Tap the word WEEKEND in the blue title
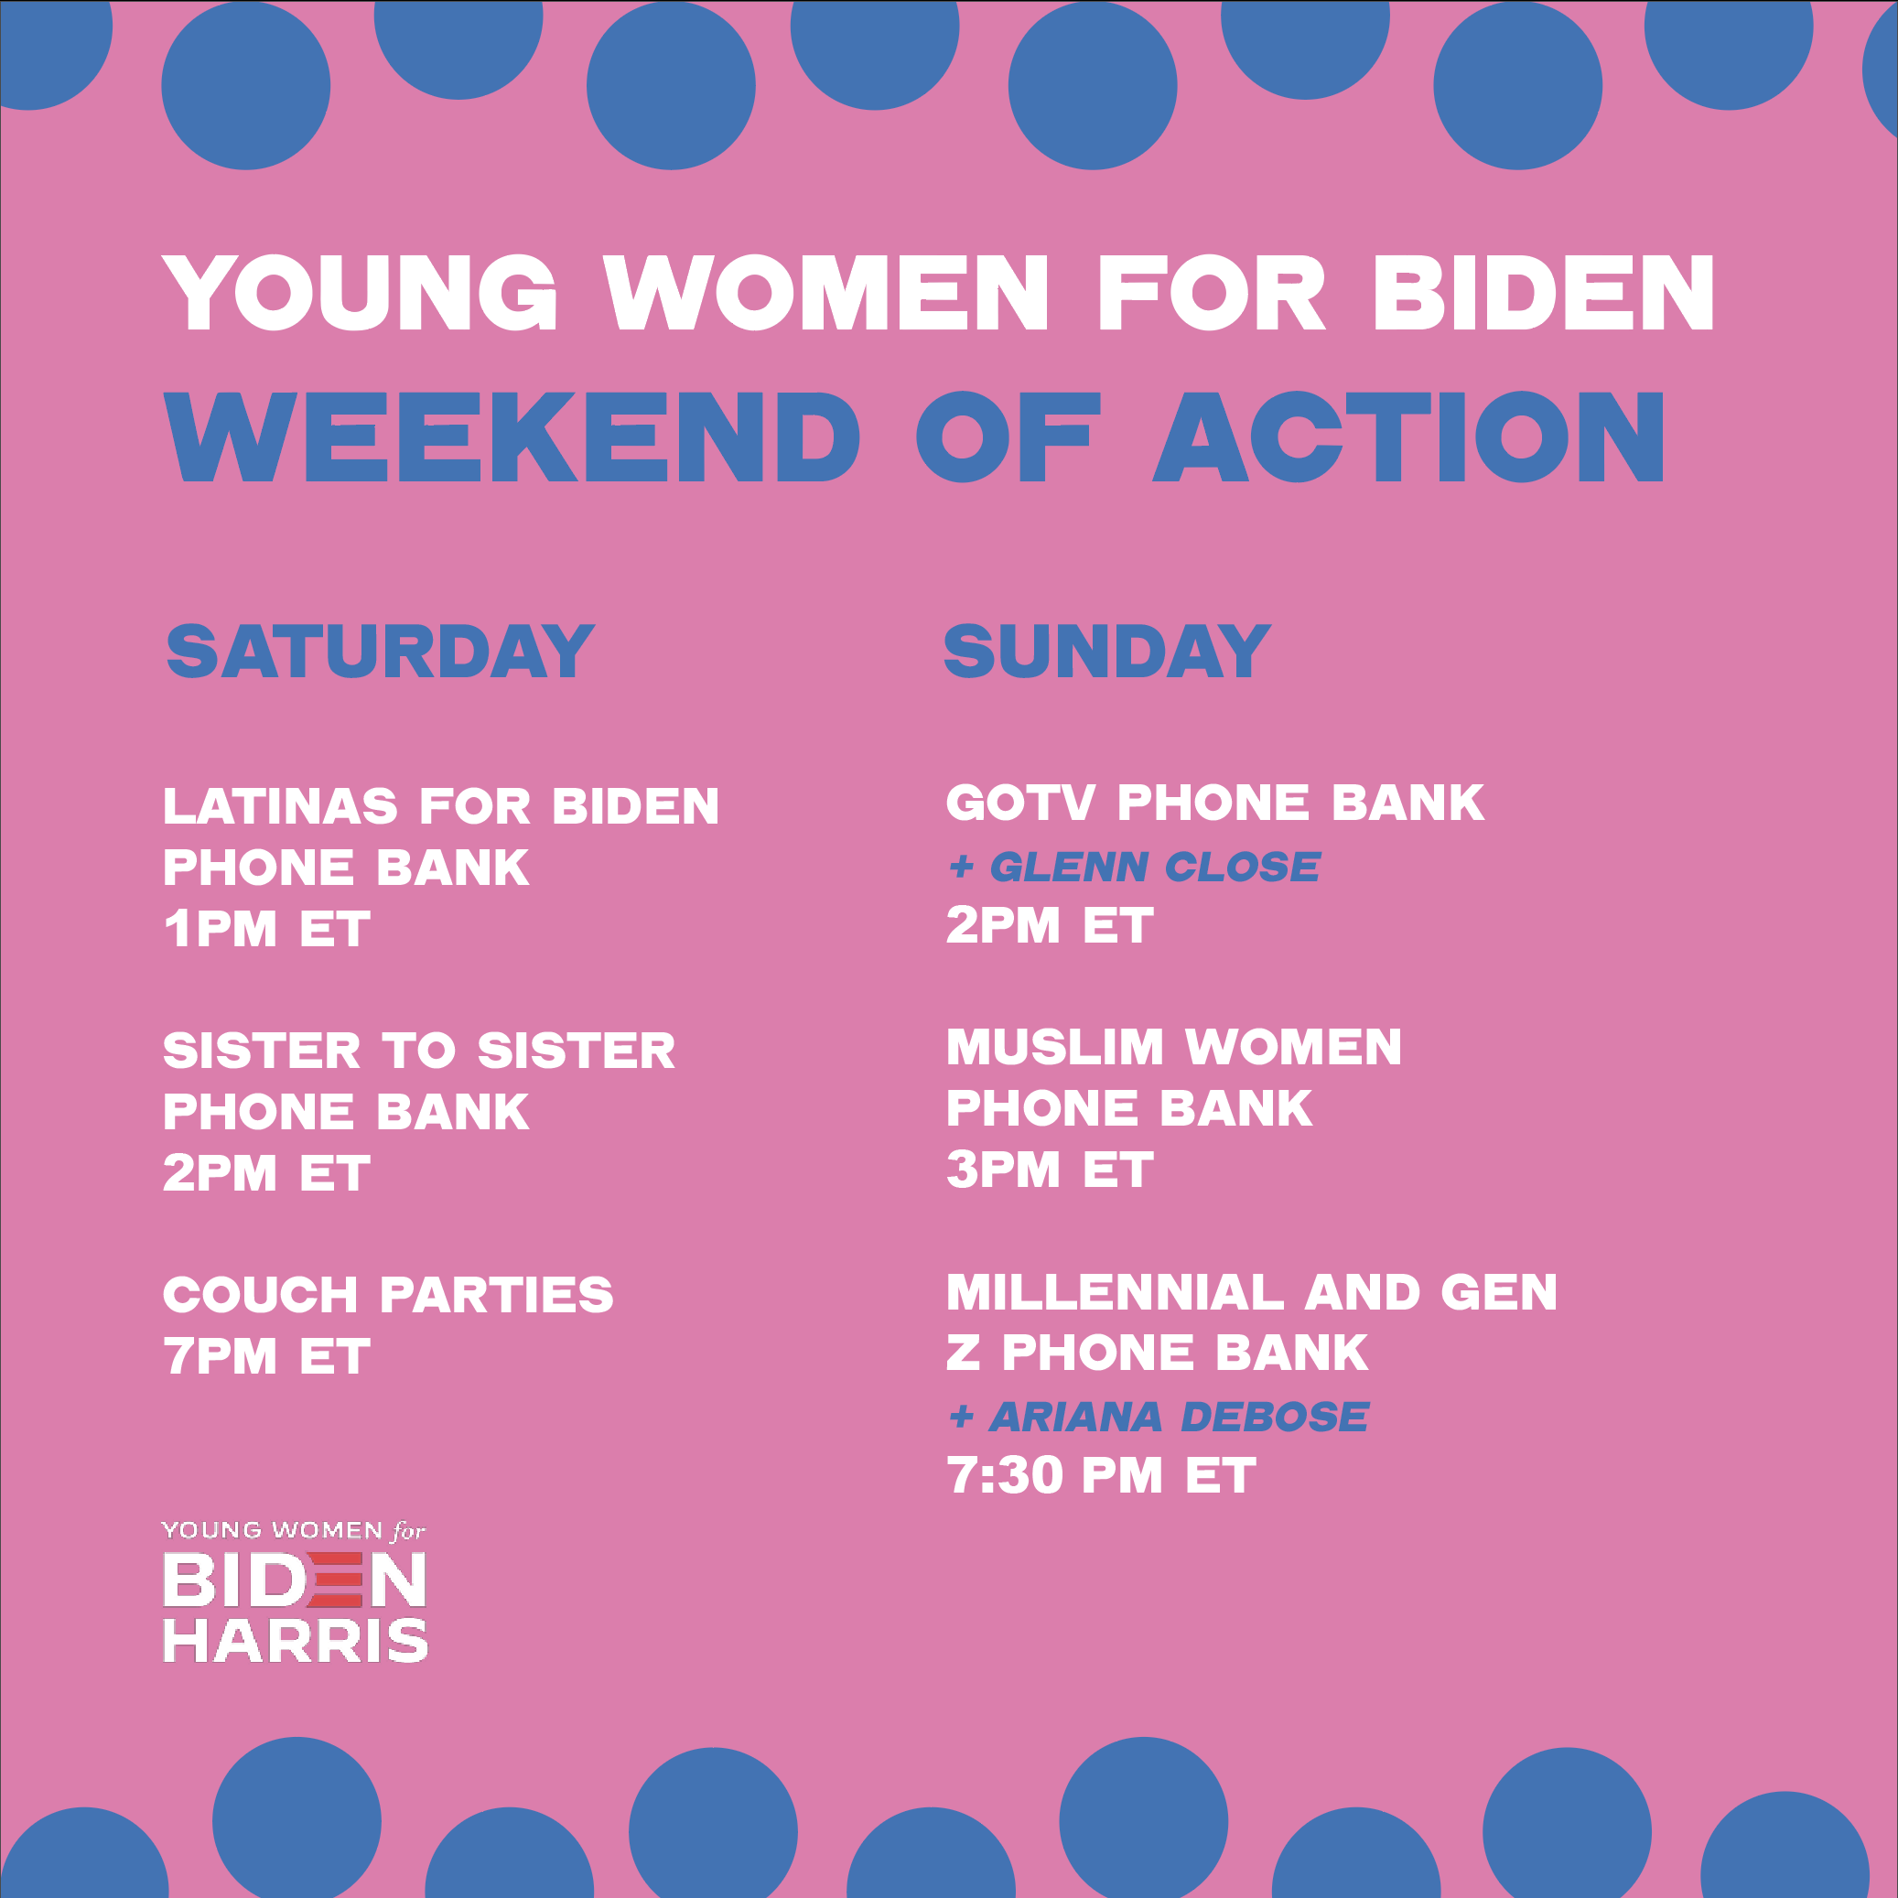[512, 437]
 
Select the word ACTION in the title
[1408, 437]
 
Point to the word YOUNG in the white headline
[361, 292]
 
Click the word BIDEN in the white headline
[1543, 292]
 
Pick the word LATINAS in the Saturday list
[280, 806]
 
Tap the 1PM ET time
[267, 930]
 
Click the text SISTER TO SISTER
[419, 1051]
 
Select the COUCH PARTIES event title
[388, 1295]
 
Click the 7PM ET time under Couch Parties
[267, 1357]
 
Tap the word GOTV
[1019, 803]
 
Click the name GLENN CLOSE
[1155, 867]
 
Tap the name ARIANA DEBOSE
[1179, 1417]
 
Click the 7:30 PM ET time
[1101, 1475]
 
